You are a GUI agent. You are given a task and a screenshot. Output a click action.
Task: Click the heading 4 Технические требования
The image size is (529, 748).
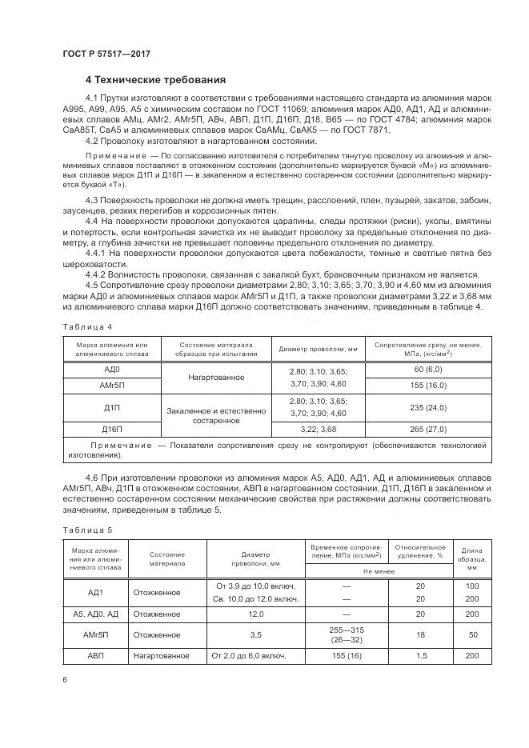(x=155, y=80)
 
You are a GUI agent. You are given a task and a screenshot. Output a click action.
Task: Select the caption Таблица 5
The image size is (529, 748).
(x=81, y=529)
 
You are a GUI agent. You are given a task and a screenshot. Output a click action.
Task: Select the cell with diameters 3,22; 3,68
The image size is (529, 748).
(x=318, y=429)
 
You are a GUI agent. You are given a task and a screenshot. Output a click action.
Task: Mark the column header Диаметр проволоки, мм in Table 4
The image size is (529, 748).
(x=318, y=348)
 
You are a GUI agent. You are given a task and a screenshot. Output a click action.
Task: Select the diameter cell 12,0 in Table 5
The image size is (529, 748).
(x=255, y=614)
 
